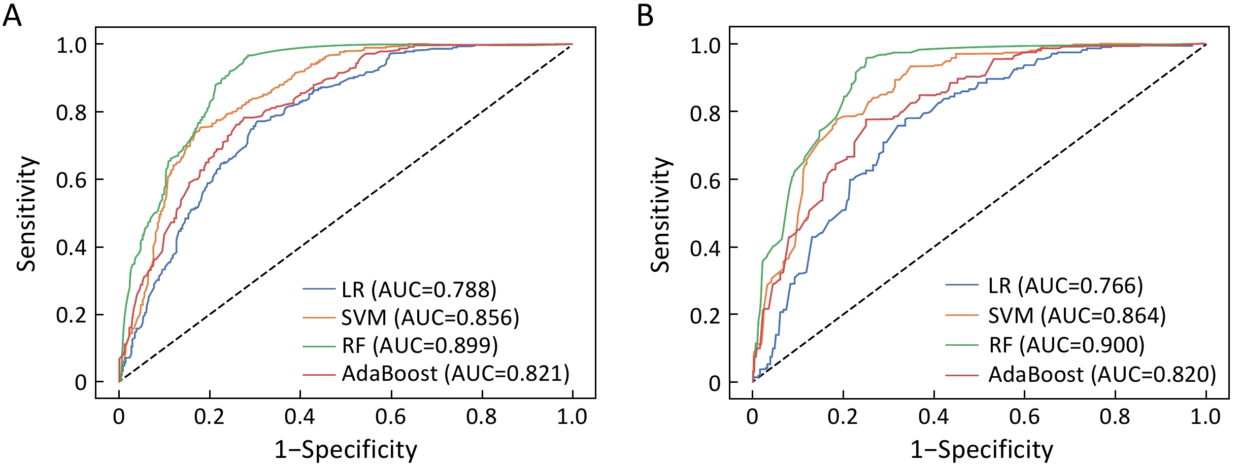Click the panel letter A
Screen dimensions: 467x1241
(12, 16)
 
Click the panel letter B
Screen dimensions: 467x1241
(645, 16)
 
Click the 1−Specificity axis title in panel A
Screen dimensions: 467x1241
(346, 450)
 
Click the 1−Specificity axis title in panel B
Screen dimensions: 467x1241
(982, 450)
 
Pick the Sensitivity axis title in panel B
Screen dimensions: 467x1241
(661, 213)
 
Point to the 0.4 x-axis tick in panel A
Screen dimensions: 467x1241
(299, 417)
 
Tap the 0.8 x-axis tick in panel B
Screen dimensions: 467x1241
(1115, 417)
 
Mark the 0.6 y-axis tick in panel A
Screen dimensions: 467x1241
(72, 180)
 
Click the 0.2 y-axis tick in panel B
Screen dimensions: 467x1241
(705, 315)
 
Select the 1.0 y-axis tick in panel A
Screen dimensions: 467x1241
(72, 46)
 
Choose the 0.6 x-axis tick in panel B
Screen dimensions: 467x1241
(1024, 417)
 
